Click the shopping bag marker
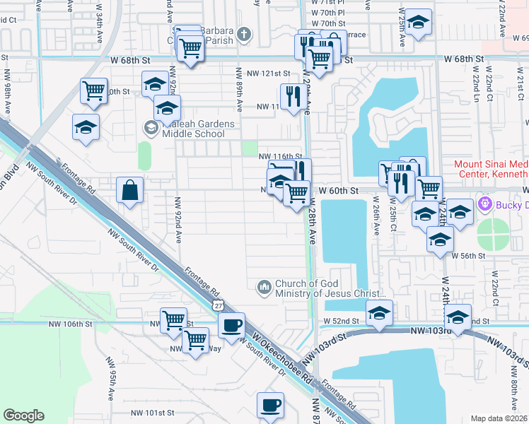point(130,190)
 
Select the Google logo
point(23,416)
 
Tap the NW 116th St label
point(280,156)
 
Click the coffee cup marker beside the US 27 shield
point(231,326)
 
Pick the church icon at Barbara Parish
point(243,34)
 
